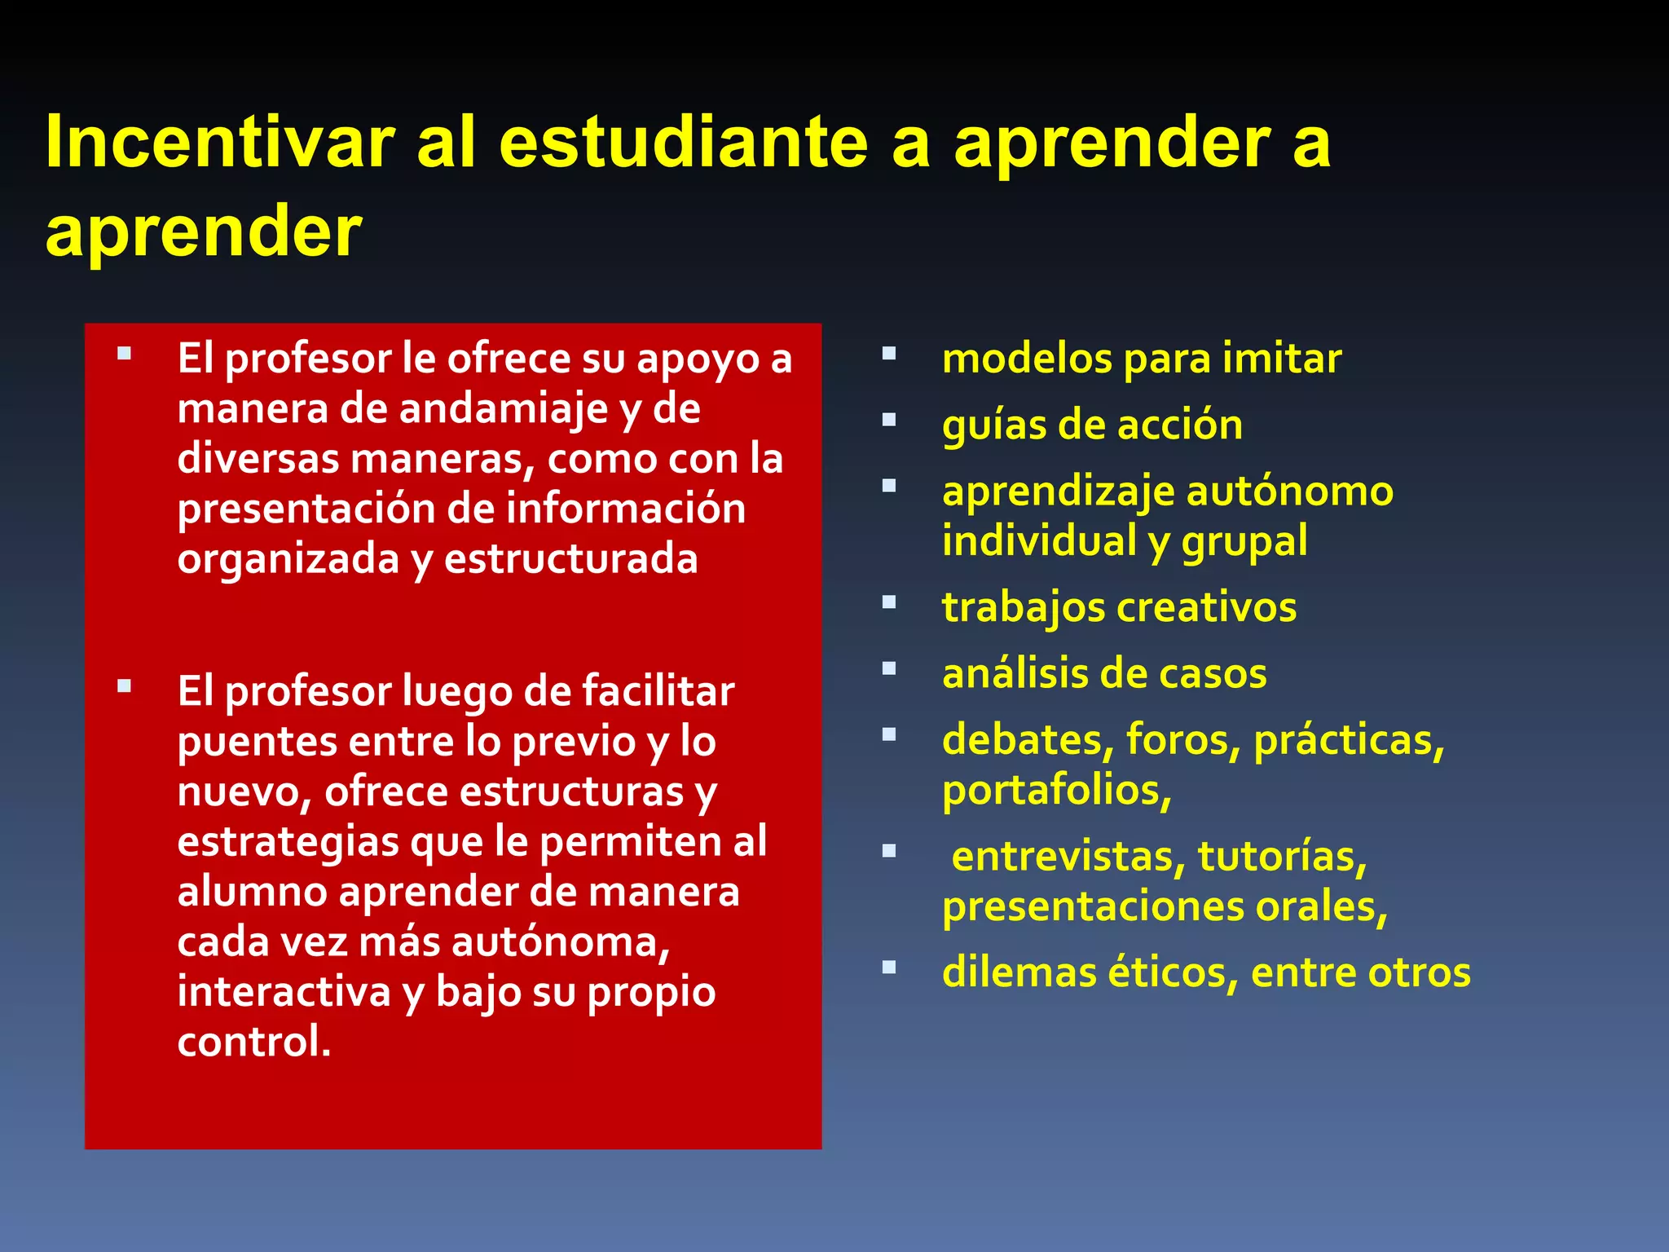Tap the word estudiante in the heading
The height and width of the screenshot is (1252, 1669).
pyautogui.click(x=683, y=143)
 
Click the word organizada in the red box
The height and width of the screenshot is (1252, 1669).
pyautogui.click(x=288, y=559)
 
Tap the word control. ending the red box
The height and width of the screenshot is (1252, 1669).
pyautogui.click(x=254, y=1042)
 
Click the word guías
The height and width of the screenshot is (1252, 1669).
pyautogui.click(x=982, y=425)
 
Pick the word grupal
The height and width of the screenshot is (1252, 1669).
pyautogui.click(x=1244, y=542)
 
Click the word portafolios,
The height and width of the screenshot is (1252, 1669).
pyautogui.click(x=1057, y=791)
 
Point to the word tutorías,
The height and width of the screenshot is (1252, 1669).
pyautogui.click(x=1282, y=857)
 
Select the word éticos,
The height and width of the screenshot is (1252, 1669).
pyautogui.click(x=1172, y=972)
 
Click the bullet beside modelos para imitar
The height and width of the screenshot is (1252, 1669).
pyautogui.click(x=889, y=354)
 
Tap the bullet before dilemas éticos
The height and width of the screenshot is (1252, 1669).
pyautogui.click(x=889, y=968)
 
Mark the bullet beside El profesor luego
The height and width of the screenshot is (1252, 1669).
pyautogui.click(x=124, y=686)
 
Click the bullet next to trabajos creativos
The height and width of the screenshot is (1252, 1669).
pyautogui.click(x=889, y=602)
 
